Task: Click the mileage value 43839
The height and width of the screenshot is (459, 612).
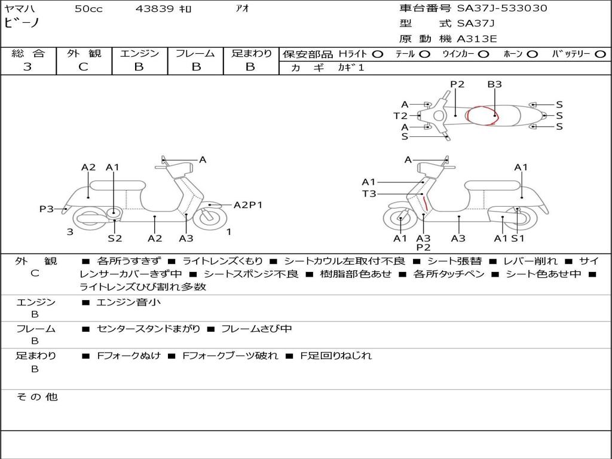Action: point(155,9)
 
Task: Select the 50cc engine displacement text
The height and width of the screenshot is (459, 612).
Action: point(88,9)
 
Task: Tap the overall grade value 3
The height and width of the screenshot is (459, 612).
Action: point(27,67)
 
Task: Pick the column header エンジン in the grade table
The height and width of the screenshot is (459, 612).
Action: point(139,53)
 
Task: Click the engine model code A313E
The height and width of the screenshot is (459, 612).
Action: point(476,39)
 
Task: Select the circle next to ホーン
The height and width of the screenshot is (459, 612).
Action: point(533,54)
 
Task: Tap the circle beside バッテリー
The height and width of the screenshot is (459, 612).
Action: point(600,54)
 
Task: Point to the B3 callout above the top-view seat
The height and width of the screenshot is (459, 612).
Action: point(494,84)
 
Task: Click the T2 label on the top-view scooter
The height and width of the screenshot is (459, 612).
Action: point(400,116)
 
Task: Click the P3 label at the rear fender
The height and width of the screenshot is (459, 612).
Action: point(47,209)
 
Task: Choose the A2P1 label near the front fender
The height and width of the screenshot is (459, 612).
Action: point(248,204)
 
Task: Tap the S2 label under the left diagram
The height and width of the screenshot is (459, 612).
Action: point(115,238)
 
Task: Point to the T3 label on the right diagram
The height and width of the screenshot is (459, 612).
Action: point(369,194)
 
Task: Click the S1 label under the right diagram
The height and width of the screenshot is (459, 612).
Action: point(518,238)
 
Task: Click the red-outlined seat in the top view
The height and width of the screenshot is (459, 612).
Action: point(483,115)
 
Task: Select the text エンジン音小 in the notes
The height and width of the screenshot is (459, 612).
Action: point(128,302)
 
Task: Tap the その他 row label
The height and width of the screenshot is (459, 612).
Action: point(36,397)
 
